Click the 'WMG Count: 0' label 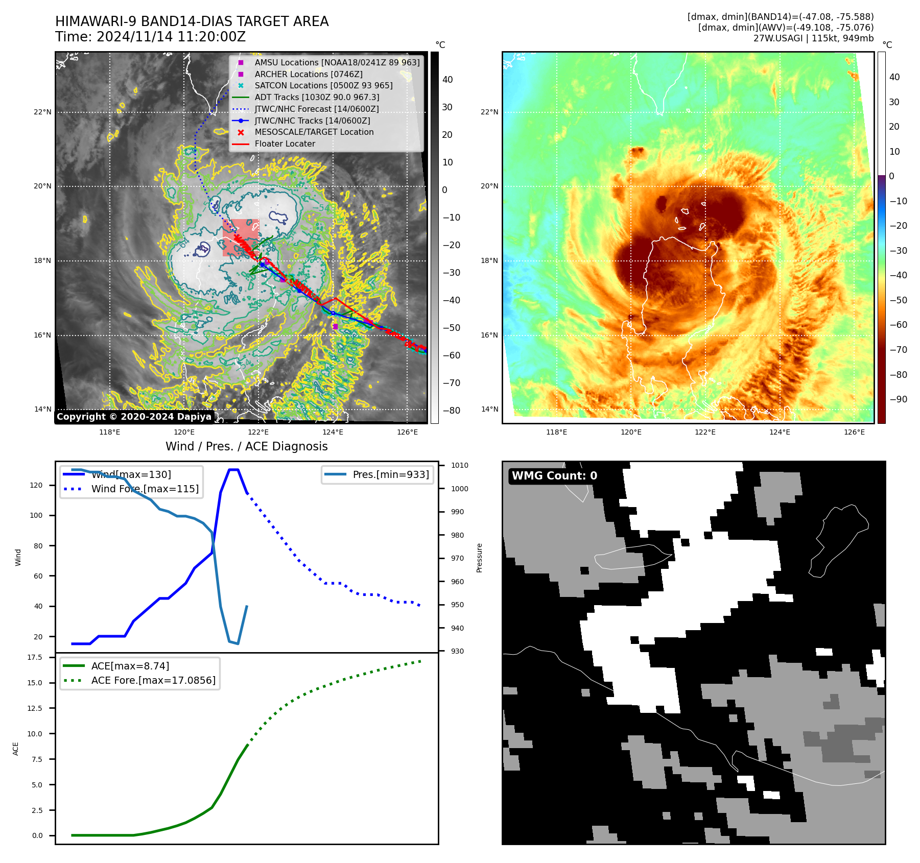click(554, 476)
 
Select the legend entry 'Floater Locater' click(285, 144)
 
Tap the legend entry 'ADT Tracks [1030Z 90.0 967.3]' click(317, 97)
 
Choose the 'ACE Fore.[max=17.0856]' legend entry click(153, 680)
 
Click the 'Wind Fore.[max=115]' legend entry click(145, 489)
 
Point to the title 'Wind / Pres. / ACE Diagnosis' click(246, 446)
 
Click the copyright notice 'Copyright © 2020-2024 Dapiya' click(134, 417)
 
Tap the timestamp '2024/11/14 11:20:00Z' click(171, 37)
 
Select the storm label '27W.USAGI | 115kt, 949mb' click(813, 38)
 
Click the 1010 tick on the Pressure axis click(459, 465)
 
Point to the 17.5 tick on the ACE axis click(35, 657)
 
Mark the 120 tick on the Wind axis click(36, 485)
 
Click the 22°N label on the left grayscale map click(42, 112)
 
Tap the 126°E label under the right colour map click(854, 433)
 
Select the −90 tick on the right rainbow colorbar click(898, 399)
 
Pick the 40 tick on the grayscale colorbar click(447, 80)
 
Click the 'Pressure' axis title click(479, 558)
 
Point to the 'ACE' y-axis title click(16, 749)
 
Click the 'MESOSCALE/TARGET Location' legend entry click(314, 132)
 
